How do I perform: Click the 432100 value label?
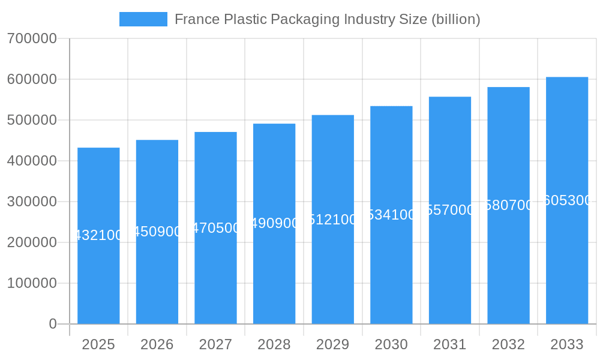pyautogui.click(x=98, y=235)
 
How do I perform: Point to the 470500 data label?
pyautogui.click(x=216, y=228)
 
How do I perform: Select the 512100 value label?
pyautogui.click(x=333, y=220)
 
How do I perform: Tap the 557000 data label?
pyautogui.click(x=450, y=210)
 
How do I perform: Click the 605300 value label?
pyautogui.click(x=567, y=200)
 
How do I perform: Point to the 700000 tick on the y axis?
pyautogui.click(x=32, y=39)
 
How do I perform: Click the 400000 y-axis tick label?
pyautogui.click(x=32, y=161)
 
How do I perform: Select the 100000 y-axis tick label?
pyautogui.click(x=32, y=283)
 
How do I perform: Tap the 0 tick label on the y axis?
pyautogui.click(x=53, y=324)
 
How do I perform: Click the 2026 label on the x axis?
pyautogui.click(x=157, y=344)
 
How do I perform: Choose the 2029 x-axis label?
pyautogui.click(x=333, y=344)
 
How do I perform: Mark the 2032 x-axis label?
pyautogui.click(x=508, y=344)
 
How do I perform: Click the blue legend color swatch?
pyautogui.click(x=143, y=19)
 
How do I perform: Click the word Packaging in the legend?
pyautogui.click(x=305, y=19)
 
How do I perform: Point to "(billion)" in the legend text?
pyautogui.click(x=456, y=19)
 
